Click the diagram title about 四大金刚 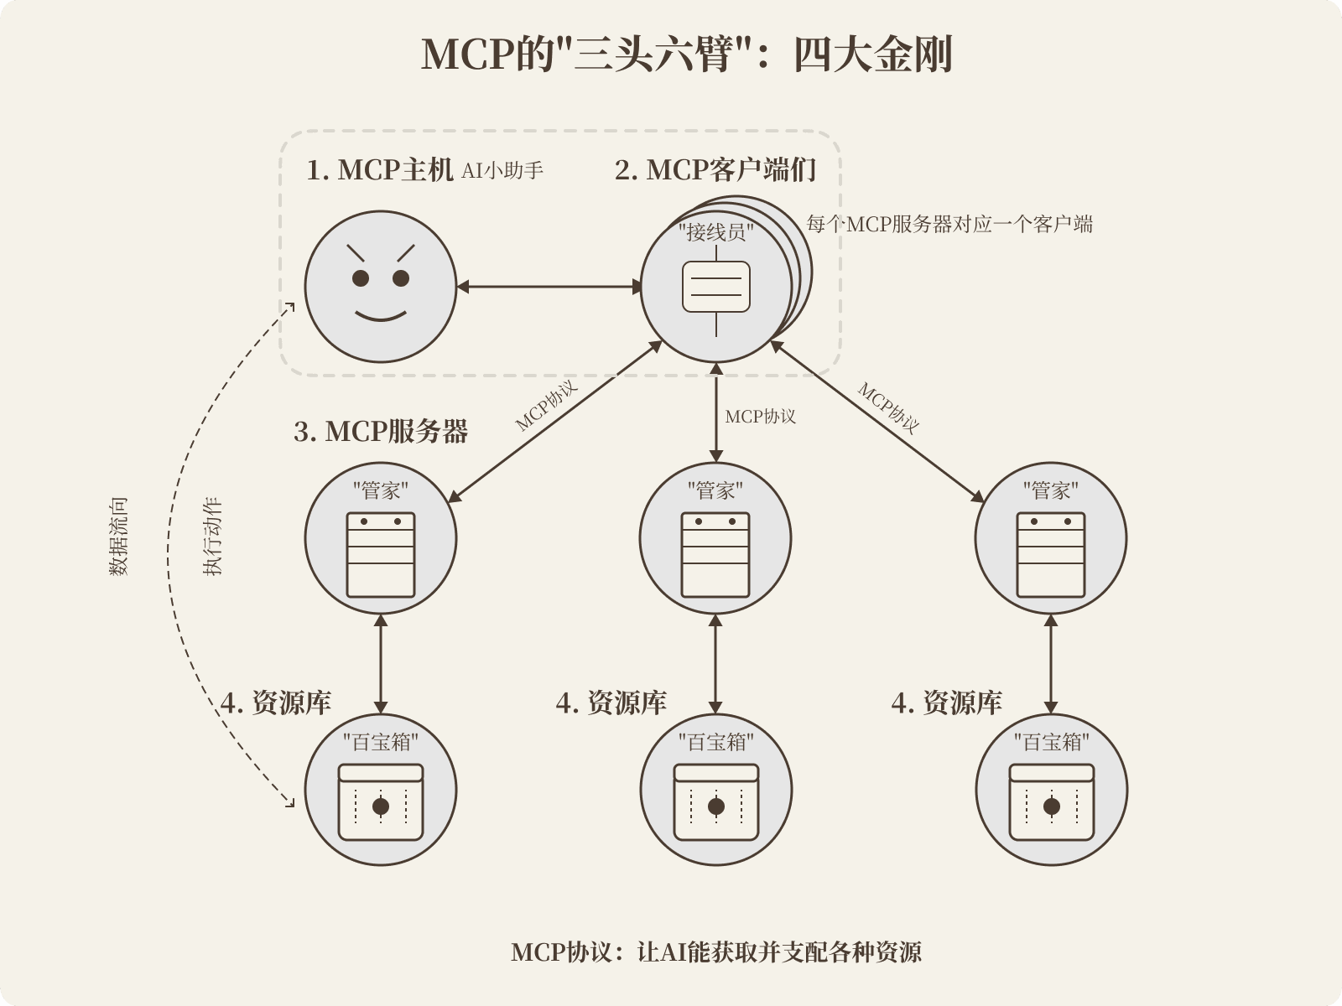pyautogui.click(x=687, y=54)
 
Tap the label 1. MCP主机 pyautogui.click(x=380, y=170)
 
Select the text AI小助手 pyautogui.click(x=502, y=170)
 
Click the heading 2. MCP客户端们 pyautogui.click(x=715, y=170)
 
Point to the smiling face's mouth pyautogui.click(x=381, y=316)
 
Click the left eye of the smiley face pyautogui.click(x=361, y=278)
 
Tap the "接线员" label pyautogui.click(x=716, y=232)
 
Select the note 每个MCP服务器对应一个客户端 pyautogui.click(x=949, y=224)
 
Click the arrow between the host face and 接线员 pyautogui.click(x=549, y=287)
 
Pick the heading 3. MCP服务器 pyautogui.click(x=381, y=431)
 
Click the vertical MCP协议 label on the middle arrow pyautogui.click(x=761, y=417)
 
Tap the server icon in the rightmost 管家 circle pyautogui.click(x=1051, y=555)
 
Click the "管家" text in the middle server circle pyautogui.click(x=715, y=490)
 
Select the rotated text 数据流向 pyautogui.click(x=118, y=537)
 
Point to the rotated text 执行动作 pyautogui.click(x=212, y=537)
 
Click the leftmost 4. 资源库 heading pyautogui.click(x=276, y=703)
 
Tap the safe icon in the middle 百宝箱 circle pyautogui.click(x=716, y=802)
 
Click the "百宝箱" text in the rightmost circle pyautogui.click(x=1052, y=742)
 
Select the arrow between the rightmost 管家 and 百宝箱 pyautogui.click(x=1051, y=664)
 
